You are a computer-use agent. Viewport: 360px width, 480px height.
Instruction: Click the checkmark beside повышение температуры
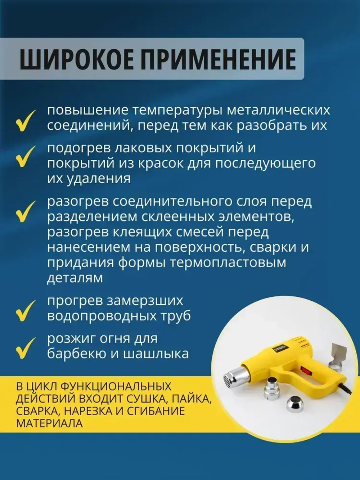[26, 121]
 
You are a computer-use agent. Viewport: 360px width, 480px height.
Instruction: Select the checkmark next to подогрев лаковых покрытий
[26, 157]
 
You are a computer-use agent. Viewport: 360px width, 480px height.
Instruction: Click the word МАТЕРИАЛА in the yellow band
[49, 423]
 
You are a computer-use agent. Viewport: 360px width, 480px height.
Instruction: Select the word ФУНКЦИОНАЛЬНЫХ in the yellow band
[116, 386]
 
